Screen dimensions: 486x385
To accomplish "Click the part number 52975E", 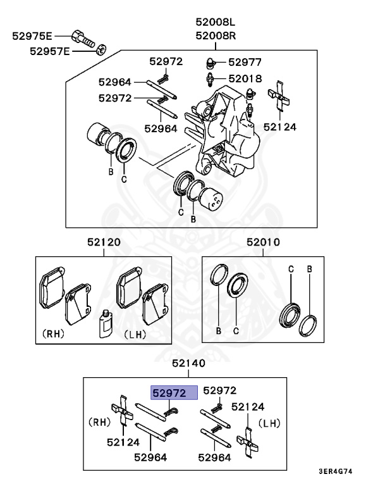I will [32, 36].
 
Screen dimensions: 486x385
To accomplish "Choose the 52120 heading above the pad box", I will [104, 242].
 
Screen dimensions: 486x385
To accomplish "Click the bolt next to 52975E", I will [84, 38].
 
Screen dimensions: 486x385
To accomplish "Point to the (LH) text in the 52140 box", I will [271, 421].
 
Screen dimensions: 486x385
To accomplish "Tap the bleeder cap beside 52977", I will [212, 62].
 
